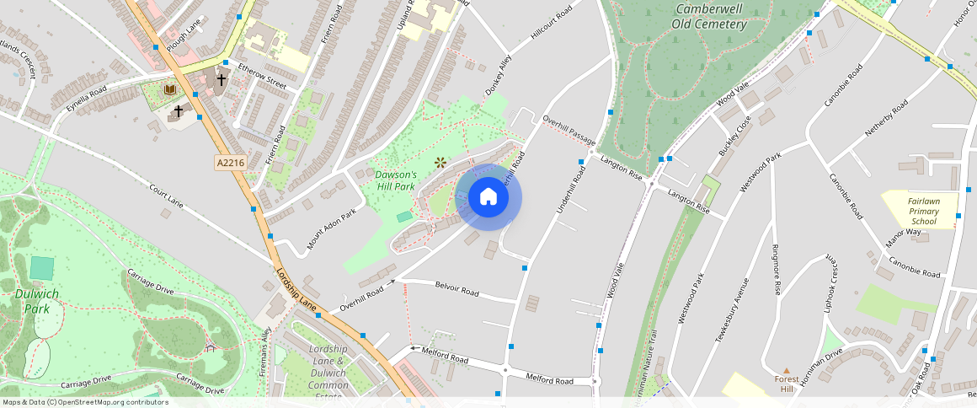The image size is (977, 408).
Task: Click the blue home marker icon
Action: click(x=488, y=197)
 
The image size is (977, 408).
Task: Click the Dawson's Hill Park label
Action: click(x=395, y=180)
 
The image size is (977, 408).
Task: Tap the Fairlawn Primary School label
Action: click(x=923, y=211)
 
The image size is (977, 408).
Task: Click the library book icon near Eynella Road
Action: click(x=170, y=89)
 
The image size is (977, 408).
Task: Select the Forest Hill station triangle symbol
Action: click(x=786, y=370)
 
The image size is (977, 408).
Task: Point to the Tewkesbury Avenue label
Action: click(x=732, y=309)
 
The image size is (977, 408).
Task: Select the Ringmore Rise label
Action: click(x=776, y=270)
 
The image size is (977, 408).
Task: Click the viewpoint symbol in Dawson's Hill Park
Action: click(x=439, y=162)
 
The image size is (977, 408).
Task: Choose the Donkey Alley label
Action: click(x=498, y=76)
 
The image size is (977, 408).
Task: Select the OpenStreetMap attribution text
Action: click(x=84, y=402)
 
